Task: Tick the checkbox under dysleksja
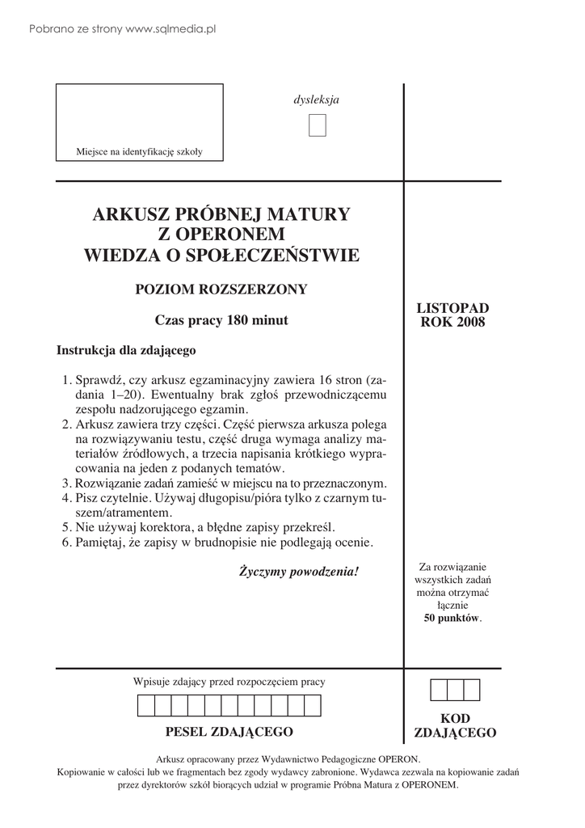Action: click(x=317, y=126)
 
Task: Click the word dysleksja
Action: click(x=316, y=100)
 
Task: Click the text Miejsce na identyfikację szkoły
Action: click(x=139, y=151)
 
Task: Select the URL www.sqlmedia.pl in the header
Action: click(x=171, y=29)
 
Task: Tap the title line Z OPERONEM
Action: click(x=221, y=235)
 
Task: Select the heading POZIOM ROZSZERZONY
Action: click(x=221, y=289)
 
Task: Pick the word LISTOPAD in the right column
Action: click(x=452, y=309)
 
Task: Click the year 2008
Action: click(x=472, y=323)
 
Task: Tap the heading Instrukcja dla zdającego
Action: click(x=126, y=351)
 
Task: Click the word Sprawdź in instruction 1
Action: click(x=99, y=380)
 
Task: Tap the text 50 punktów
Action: click(x=452, y=619)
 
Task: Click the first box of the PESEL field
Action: click(x=146, y=706)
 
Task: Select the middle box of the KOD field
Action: click(x=455, y=690)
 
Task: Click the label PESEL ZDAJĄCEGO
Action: click(x=229, y=733)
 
